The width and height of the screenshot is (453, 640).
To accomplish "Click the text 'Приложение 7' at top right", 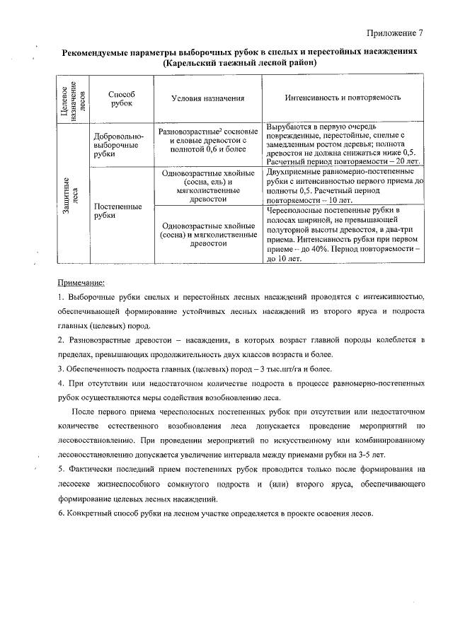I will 395,33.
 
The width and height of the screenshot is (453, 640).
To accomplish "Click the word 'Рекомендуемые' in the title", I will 97,52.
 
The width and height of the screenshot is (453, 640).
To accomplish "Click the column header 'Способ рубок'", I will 121,98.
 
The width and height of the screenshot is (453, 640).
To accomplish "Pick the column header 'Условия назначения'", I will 207,98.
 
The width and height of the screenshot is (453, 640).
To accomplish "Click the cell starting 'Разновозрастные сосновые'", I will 207,141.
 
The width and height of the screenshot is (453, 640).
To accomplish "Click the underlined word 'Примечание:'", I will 81,282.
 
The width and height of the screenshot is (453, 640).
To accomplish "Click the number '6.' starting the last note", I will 61,513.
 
